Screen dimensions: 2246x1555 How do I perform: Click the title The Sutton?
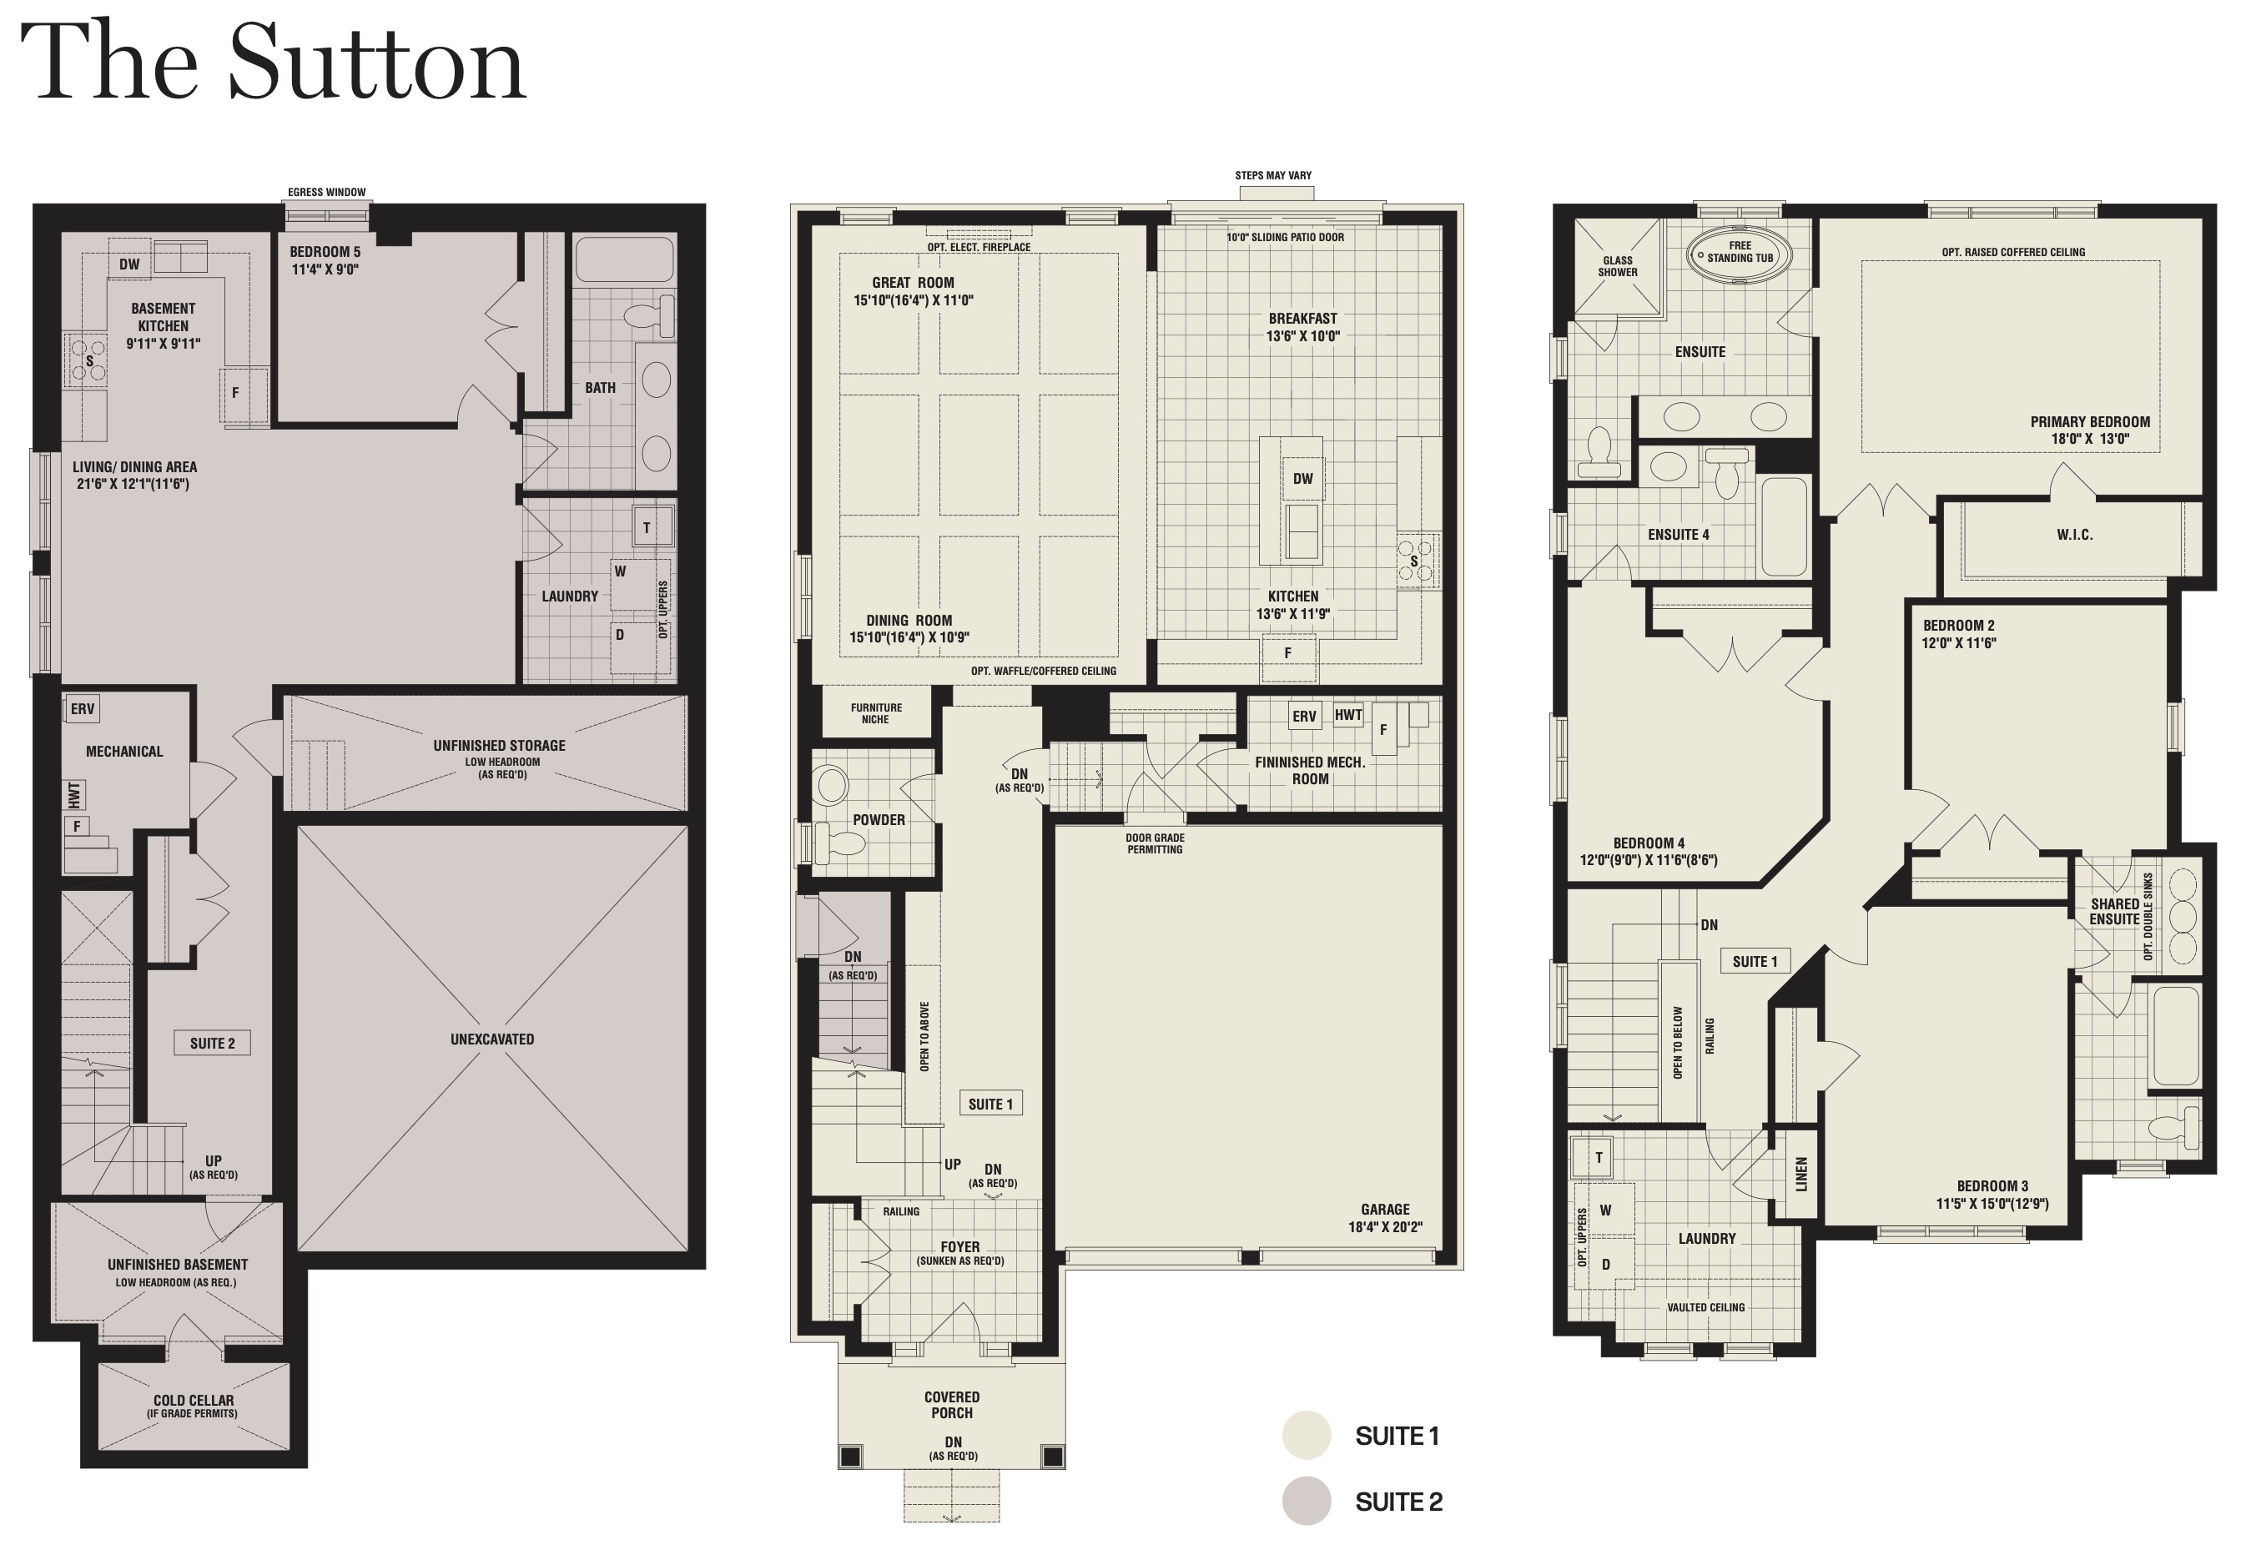pos(273,60)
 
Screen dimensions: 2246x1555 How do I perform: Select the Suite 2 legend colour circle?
pos(1306,1502)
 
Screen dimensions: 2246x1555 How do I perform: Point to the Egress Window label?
pos(326,192)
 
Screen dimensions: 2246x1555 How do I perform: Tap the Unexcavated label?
pos(492,1039)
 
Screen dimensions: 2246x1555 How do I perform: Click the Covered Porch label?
pos(952,1405)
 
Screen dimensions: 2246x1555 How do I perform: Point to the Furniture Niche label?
pos(876,713)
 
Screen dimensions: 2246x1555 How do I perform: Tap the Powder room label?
pos(879,820)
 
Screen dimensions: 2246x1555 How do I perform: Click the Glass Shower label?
pos(1618,266)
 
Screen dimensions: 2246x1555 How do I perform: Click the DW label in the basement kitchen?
pos(129,264)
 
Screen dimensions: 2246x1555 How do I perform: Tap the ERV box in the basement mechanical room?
pos(83,708)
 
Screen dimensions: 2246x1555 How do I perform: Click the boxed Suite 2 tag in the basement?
pos(213,1044)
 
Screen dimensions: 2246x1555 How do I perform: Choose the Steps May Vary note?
pos(1273,175)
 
